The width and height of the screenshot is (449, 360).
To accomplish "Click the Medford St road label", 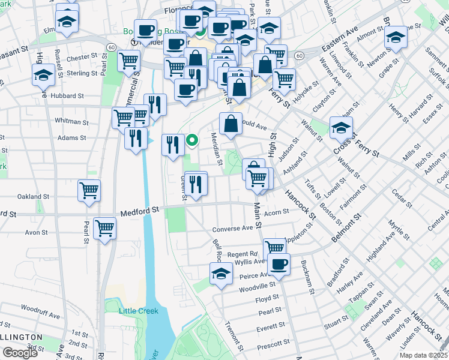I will [140, 211].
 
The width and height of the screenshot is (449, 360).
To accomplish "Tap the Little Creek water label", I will [138, 310].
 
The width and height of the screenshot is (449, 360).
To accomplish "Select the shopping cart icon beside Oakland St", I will [89, 190].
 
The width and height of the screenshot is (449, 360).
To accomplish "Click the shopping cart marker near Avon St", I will [104, 228].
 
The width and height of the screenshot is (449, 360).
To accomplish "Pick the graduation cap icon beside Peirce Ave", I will [221, 274].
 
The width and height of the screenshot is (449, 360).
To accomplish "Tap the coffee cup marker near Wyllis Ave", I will [279, 263].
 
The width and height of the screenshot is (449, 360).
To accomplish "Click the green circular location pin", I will [193, 141].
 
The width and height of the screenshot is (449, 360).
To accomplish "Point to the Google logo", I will [20, 353].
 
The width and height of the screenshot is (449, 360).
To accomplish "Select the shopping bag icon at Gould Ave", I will [231, 124].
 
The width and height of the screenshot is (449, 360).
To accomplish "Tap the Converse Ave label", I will [233, 229].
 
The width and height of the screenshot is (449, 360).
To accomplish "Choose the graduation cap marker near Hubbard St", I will [43, 76].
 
